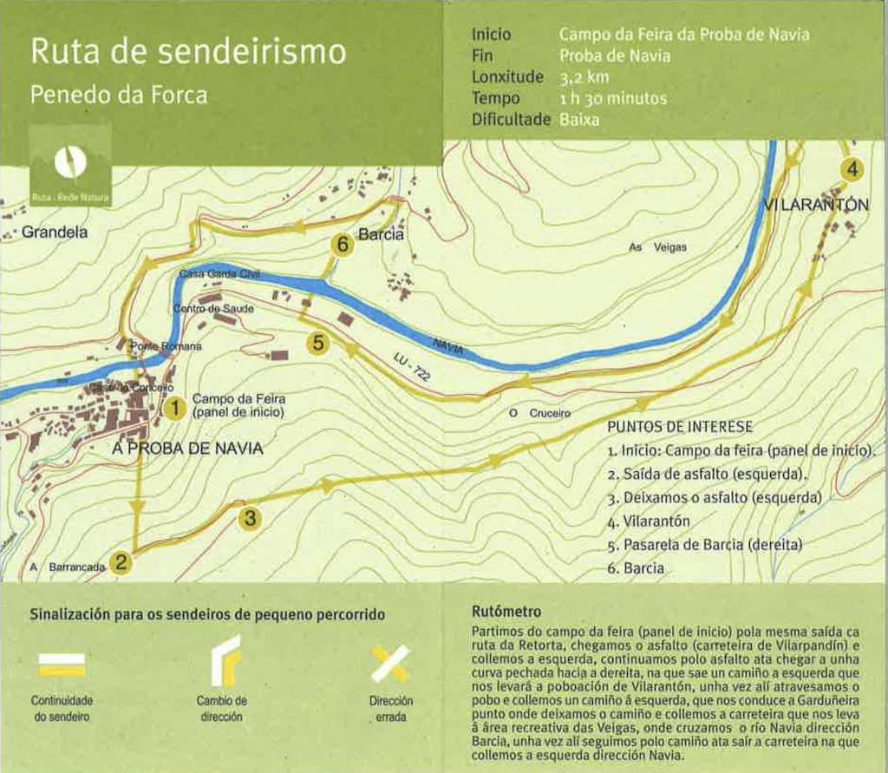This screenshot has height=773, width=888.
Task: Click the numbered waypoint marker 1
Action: point(175,406)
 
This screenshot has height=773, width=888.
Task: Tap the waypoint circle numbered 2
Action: point(122,562)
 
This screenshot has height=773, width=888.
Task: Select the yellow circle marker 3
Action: point(250,519)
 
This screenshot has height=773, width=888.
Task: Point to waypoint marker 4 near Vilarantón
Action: point(852,169)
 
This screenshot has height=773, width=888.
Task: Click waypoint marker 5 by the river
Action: point(319,344)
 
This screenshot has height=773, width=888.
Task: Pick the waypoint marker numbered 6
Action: point(343,246)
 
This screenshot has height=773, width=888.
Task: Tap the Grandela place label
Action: point(55,233)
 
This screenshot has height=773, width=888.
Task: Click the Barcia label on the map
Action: point(382,234)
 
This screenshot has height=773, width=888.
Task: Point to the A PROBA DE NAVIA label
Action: point(187,449)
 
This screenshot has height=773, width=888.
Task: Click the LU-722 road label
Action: point(410,370)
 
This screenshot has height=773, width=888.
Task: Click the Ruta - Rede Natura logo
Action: point(70,166)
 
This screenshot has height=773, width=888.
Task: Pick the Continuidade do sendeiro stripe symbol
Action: point(62,665)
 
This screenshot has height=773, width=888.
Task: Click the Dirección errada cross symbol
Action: point(390,664)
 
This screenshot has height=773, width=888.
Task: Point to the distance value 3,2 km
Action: point(584,77)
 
